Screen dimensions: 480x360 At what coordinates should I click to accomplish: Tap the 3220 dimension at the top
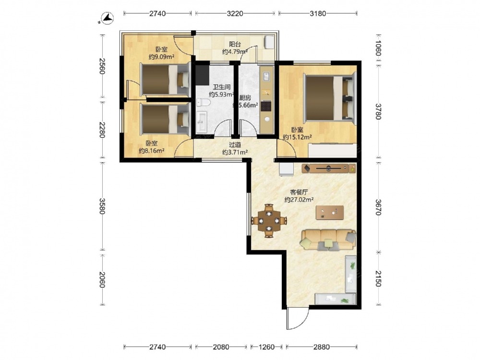click(x=235, y=13)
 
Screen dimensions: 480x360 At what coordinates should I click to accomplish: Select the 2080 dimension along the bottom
click(x=221, y=347)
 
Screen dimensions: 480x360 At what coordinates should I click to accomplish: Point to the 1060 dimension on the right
click(x=378, y=48)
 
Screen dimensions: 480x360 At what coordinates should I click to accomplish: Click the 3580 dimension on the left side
click(x=102, y=206)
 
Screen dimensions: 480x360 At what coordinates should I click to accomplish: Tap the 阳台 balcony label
click(x=235, y=44)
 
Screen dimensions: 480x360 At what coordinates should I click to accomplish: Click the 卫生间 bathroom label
click(x=221, y=87)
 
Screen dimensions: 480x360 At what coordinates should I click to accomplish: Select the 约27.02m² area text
click(x=299, y=200)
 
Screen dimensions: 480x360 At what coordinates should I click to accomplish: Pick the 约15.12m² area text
click(x=297, y=137)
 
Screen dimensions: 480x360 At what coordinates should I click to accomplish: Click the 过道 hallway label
click(x=235, y=145)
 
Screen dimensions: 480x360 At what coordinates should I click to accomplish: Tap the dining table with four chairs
click(x=269, y=220)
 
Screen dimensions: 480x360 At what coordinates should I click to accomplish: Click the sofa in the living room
click(x=329, y=240)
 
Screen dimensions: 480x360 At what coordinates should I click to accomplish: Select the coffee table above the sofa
click(x=330, y=213)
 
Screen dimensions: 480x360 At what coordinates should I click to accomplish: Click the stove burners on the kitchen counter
click(x=266, y=106)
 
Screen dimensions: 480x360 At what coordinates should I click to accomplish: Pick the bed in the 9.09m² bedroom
click(x=165, y=79)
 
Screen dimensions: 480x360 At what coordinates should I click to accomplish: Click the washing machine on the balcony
click(x=269, y=42)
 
